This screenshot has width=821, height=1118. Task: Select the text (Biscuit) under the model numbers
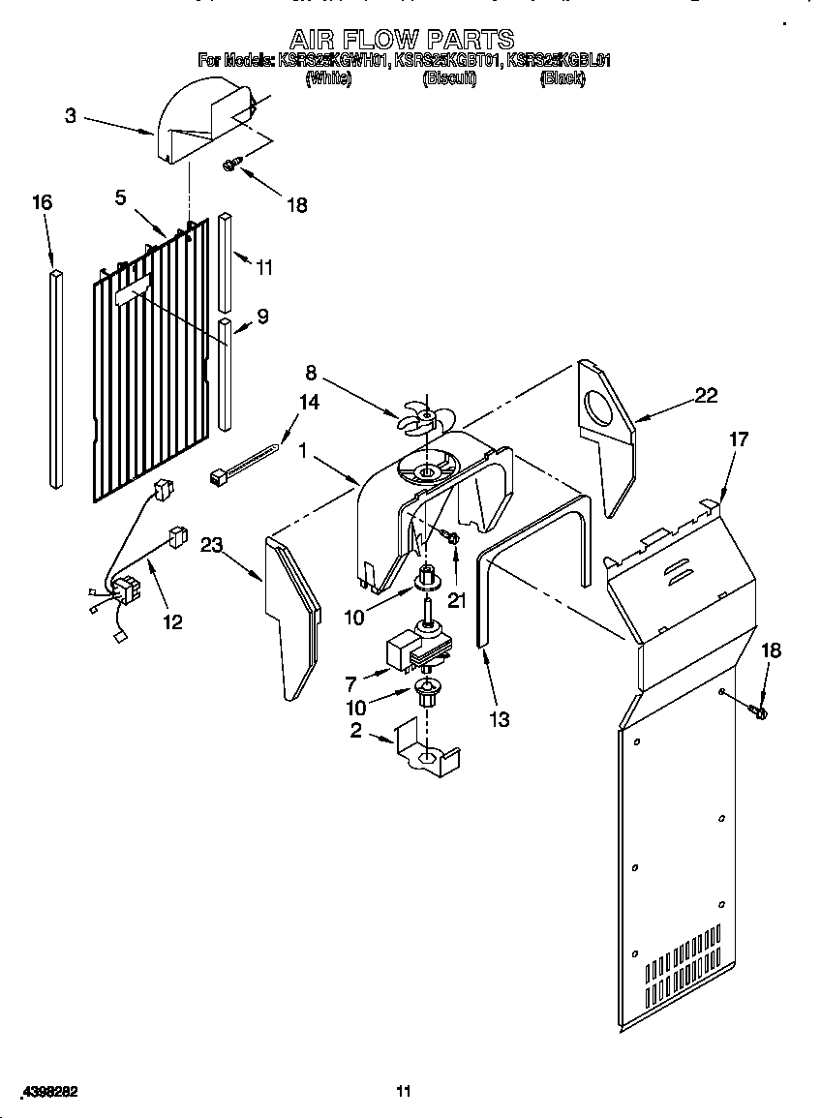tap(448, 79)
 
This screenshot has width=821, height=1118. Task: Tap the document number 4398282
tap(46, 1092)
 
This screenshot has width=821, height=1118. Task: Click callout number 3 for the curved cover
tap(71, 116)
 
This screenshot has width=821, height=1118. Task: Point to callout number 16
tap(42, 202)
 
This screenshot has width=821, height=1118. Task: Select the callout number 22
tap(707, 394)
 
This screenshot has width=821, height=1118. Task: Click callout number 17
tap(739, 438)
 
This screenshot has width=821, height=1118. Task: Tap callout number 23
tap(212, 545)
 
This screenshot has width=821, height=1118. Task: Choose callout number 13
tap(500, 719)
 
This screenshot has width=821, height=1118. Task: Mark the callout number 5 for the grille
tap(120, 197)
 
